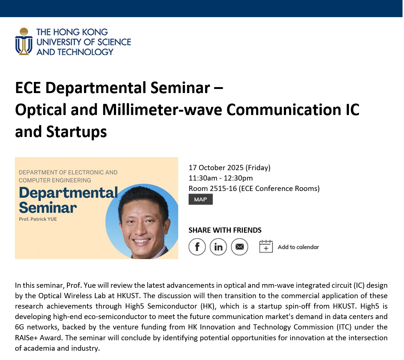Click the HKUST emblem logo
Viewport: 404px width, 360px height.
pyautogui.click(x=23, y=41)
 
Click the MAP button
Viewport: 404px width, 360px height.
pyautogui.click(x=201, y=200)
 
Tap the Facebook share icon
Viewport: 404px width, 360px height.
pyautogui.click(x=197, y=247)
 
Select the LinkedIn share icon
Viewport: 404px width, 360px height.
pyautogui.click(x=218, y=247)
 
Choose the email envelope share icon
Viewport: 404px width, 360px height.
pyautogui.click(x=240, y=247)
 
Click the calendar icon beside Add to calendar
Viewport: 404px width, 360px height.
pyautogui.click(x=266, y=246)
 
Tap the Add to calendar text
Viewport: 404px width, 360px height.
pyautogui.click(x=298, y=247)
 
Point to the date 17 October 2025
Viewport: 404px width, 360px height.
pyautogui.click(x=216, y=168)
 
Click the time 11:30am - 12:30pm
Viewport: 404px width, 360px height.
pyautogui.click(x=221, y=178)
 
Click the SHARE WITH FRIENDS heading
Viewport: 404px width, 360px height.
pyautogui.click(x=225, y=230)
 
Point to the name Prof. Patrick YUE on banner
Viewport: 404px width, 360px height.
pyautogui.click(x=38, y=219)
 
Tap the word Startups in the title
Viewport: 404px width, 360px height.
pyautogui.click(x=76, y=131)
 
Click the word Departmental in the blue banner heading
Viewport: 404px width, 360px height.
pyautogui.click(x=68, y=193)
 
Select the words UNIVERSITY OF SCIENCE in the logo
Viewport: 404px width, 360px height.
pyautogui.click(x=84, y=42)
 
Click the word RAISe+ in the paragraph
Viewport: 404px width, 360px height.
pyautogui.click(x=27, y=338)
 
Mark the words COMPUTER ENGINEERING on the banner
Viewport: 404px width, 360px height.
pyautogui.click(x=55, y=180)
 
